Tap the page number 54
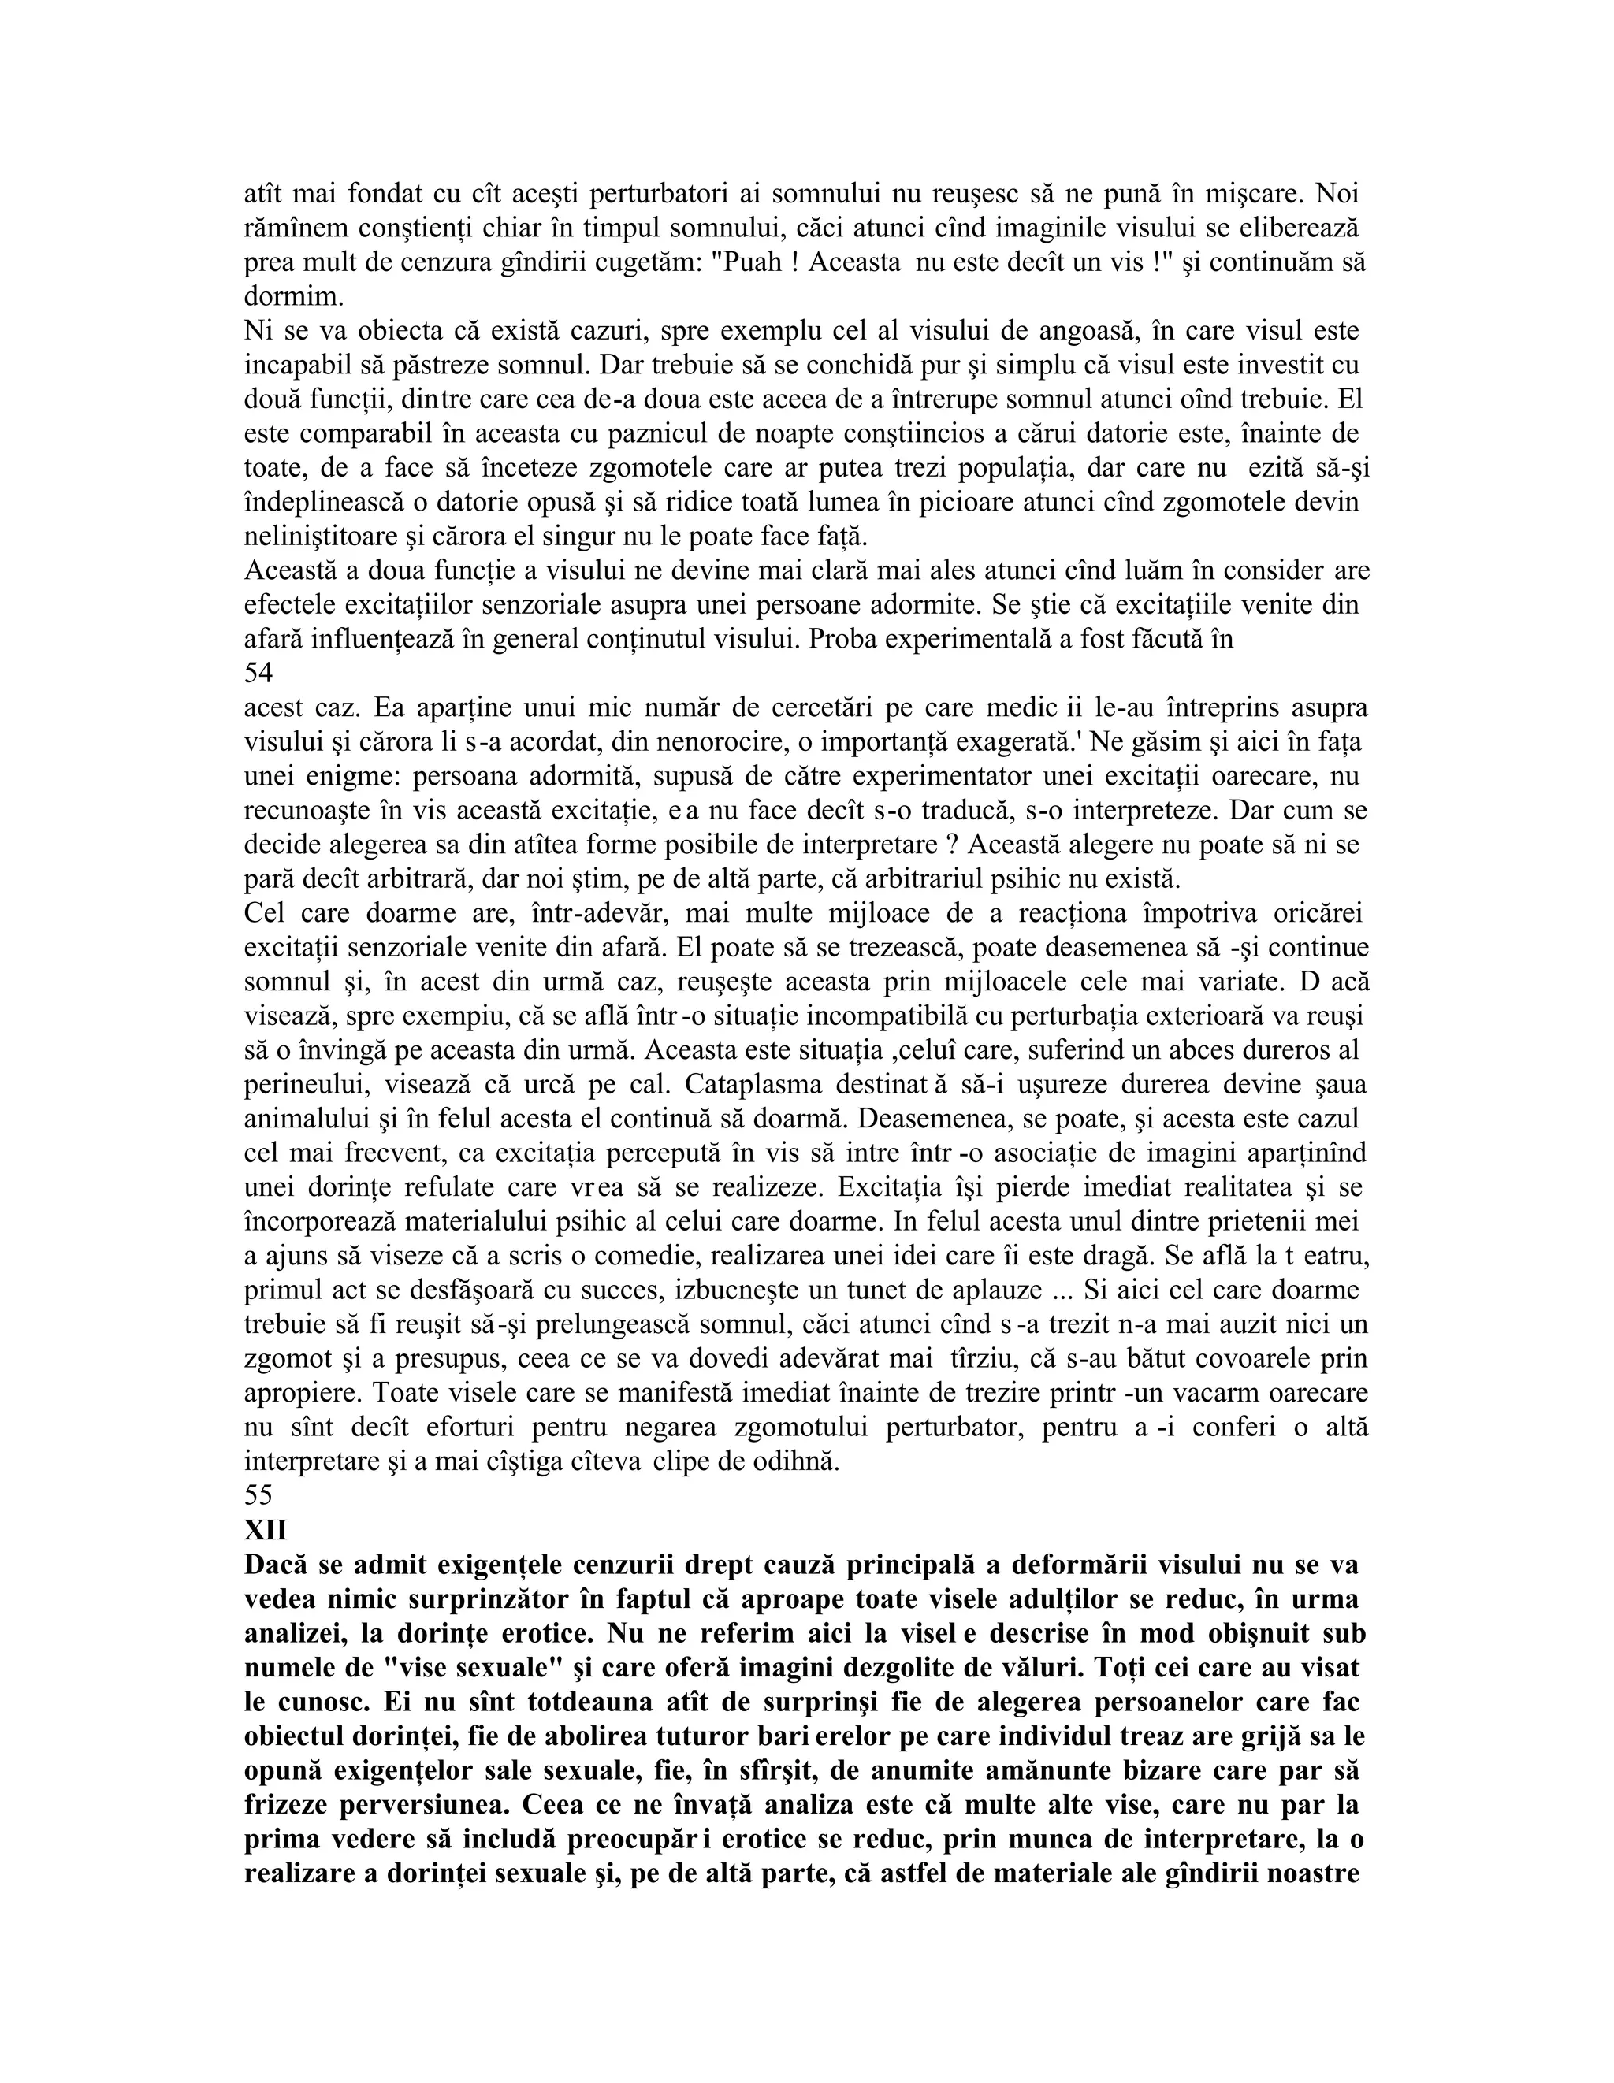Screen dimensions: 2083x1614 click(x=258, y=674)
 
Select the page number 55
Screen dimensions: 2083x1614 click(x=258, y=1495)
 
